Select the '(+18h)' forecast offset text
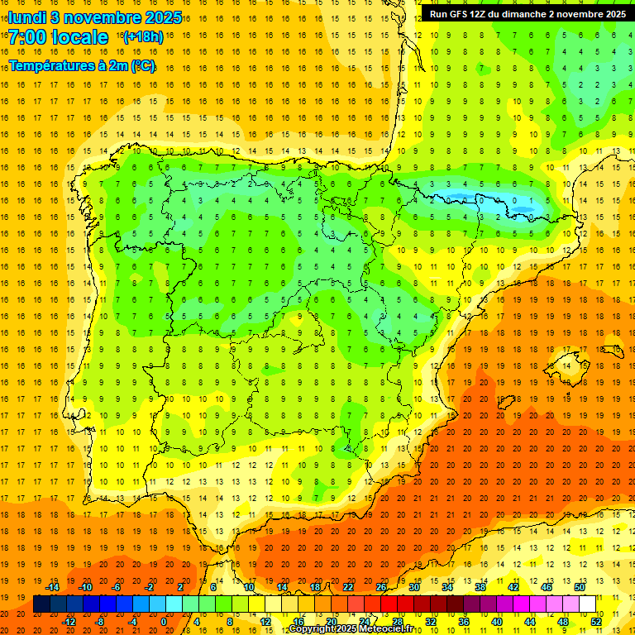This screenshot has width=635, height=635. tap(142, 37)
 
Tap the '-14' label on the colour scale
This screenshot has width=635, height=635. tap(53, 587)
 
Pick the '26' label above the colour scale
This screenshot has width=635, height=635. tap(381, 587)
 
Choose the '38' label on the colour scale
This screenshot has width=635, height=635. tap(480, 587)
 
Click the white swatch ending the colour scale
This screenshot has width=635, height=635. tap(588, 604)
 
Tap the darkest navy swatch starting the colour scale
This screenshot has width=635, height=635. tap(41, 604)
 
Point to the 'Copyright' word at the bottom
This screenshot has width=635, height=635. tap(313, 629)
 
